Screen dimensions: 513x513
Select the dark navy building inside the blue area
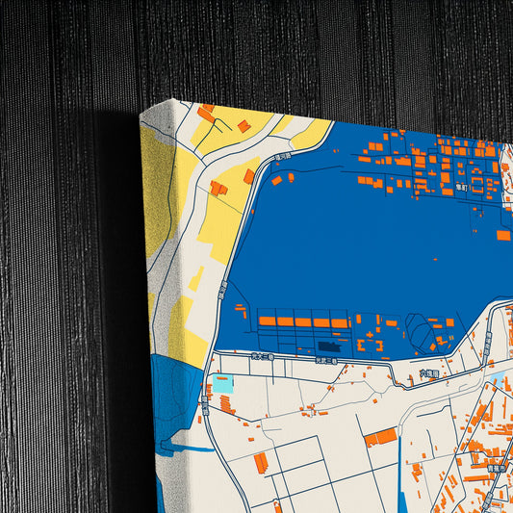click(330, 345)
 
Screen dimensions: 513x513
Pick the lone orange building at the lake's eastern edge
click(503, 235)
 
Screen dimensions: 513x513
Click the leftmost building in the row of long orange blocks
click(267, 321)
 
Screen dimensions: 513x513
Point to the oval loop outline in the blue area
click(422, 335)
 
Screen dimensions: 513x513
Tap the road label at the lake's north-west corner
click(283, 157)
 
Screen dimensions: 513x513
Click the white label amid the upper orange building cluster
click(461, 188)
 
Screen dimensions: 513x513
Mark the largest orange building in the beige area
click(380, 438)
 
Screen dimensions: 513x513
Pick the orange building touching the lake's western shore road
click(249, 176)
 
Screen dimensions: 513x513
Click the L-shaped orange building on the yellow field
click(218, 188)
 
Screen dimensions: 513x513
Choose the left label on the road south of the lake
click(256, 357)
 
